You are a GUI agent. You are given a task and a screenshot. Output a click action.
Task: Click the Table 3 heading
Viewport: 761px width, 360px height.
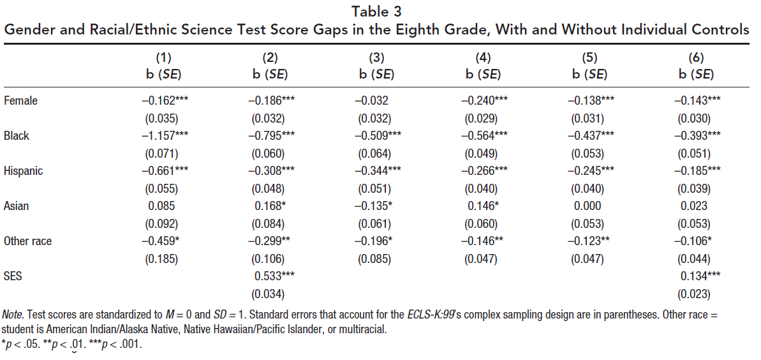(380, 10)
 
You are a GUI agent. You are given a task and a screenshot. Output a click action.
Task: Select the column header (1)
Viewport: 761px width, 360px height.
(164, 58)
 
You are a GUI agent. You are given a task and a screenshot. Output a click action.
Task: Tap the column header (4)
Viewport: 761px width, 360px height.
(483, 58)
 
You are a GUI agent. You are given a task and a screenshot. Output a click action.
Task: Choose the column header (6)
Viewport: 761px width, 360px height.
(696, 58)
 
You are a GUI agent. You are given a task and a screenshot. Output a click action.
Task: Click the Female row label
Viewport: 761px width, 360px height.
(20, 100)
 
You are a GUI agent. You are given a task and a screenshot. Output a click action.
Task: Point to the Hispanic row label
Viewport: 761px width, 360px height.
(24, 171)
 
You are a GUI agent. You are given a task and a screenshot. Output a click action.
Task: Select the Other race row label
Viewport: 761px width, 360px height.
(27, 241)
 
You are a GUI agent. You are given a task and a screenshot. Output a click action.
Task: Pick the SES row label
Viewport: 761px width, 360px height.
(13, 276)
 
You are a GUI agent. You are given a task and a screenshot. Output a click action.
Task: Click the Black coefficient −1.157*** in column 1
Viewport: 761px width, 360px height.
(165, 136)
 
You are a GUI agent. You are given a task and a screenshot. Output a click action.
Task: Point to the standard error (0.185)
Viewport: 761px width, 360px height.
(164, 259)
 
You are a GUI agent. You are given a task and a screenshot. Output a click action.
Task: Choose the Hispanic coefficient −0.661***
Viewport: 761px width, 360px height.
(165, 171)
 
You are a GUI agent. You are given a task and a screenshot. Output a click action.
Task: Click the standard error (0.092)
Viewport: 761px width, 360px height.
(164, 224)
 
